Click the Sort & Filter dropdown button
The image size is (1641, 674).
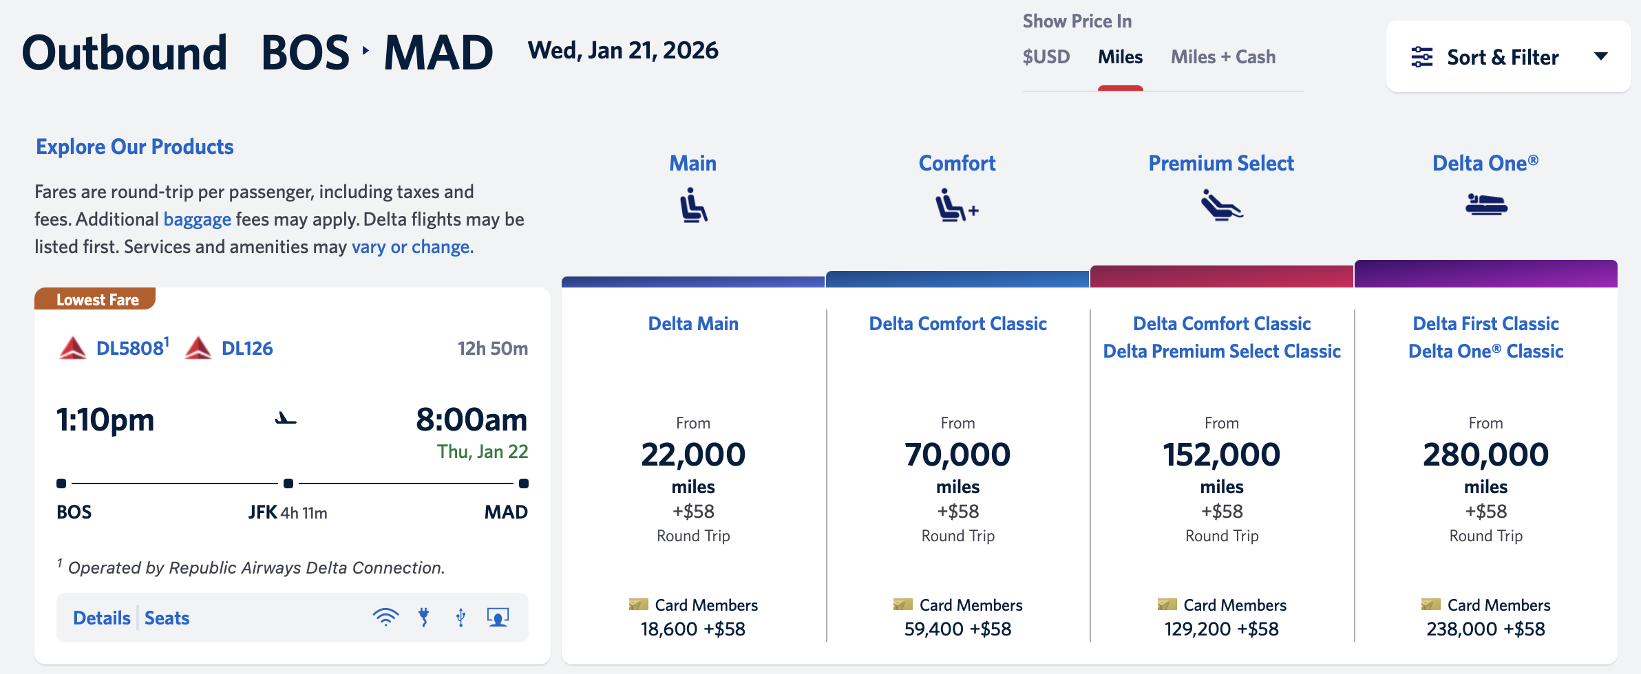[x=1507, y=57]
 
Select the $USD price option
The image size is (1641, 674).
[x=1046, y=57]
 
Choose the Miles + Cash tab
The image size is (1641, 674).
[x=1222, y=57]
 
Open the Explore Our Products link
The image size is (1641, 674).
[x=135, y=147]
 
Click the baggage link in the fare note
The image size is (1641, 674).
[x=197, y=219]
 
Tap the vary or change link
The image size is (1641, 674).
[x=412, y=247]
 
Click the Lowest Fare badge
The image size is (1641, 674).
[x=96, y=300]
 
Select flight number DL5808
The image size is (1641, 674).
[x=130, y=349]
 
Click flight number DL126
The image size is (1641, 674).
[x=246, y=349]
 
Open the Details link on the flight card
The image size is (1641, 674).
[x=101, y=618]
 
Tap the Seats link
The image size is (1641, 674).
[x=167, y=618]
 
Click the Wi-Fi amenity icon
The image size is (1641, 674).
[x=385, y=617]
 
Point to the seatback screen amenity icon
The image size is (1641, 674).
[x=498, y=617]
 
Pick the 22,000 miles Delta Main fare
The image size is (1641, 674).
[x=693, y=455]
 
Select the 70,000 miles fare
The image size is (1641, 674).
[x=957, y=455]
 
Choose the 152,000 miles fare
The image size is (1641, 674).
[x=1222, y=455]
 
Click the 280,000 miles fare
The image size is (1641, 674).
[x=1485, y=455]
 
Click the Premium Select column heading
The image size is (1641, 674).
[x=1221, y=164]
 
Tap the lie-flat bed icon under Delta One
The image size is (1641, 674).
[x=1486, y=205]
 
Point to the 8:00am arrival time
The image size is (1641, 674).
[x=471, y=420]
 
